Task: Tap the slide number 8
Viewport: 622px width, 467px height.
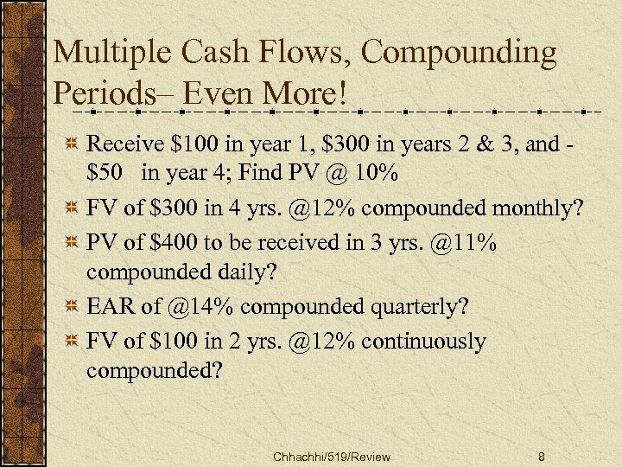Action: tap(540, 456)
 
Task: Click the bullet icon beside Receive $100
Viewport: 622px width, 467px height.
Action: tap(73, 144)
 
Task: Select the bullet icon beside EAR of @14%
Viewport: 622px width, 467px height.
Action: tap(73, 306)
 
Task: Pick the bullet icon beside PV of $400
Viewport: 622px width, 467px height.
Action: tap(73, 244)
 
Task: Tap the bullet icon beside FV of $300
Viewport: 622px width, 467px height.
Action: tap(73, 208)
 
